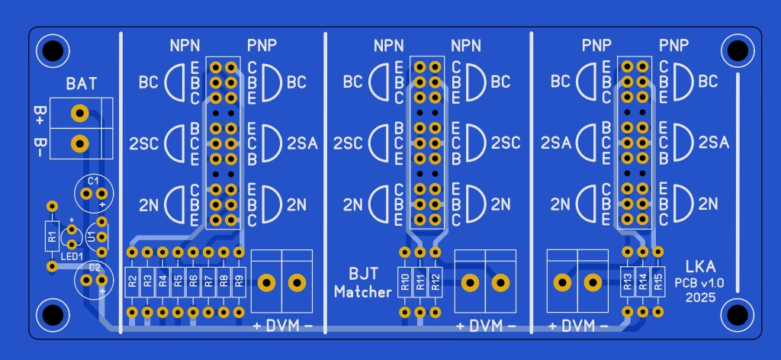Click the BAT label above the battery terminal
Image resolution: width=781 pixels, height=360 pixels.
82,84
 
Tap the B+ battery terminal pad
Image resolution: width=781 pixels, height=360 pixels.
79,113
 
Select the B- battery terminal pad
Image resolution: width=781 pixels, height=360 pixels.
79,144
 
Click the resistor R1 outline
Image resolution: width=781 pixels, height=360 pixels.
53,236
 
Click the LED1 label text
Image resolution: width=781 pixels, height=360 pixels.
72,256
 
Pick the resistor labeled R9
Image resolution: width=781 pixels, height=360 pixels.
239,282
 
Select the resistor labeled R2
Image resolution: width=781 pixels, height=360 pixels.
132,282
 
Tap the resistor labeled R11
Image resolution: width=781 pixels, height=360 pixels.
420,282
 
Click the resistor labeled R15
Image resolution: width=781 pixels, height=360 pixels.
658,282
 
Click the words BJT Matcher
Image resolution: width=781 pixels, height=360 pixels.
363,282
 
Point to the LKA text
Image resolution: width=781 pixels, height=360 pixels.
700,266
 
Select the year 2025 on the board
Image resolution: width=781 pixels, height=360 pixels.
700,297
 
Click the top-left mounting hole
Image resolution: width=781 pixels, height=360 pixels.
53,50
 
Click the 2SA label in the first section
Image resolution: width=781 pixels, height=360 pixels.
302,144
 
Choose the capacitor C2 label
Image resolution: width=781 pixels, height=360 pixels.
94,268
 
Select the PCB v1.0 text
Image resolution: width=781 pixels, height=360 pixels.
700,283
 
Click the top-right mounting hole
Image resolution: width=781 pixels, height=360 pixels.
738,50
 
